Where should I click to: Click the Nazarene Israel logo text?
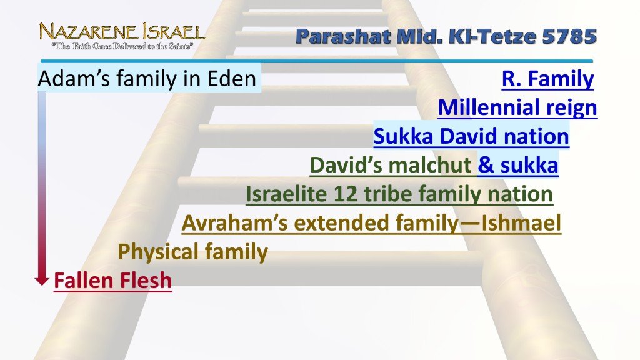point(122,31)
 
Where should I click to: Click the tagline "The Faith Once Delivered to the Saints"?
point(121,46)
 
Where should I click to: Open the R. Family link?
point(547,79)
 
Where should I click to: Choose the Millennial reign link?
point(517,108)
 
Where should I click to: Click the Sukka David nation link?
point(471,136)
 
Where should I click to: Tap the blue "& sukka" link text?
point(517,166)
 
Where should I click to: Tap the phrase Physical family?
point(193,252)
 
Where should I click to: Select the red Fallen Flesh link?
point(112,281)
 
